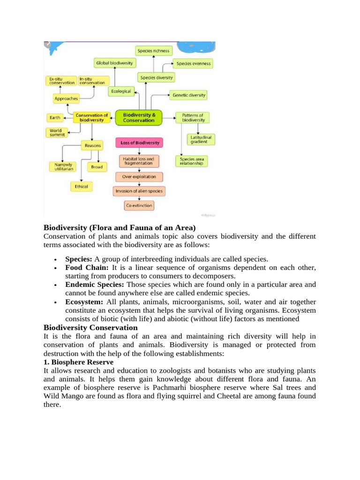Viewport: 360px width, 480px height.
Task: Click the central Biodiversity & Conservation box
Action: click(138, 117)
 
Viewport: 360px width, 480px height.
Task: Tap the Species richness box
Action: click(154, 51)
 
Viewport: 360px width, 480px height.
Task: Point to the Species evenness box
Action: click(193, 63)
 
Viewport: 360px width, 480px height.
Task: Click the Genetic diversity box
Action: click(188, 95)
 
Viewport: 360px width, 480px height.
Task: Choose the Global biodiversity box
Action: click(115, 62)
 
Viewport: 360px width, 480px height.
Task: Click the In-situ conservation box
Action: click(92, 81)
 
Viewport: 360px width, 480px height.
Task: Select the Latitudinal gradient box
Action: click(201, 139)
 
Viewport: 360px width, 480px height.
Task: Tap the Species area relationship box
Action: click(192, 162)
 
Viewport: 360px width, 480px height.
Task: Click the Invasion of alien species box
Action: click(139, 191)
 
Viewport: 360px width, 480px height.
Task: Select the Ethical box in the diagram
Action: click(81, 187)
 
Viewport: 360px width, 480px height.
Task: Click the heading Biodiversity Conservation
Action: click(90, 328)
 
